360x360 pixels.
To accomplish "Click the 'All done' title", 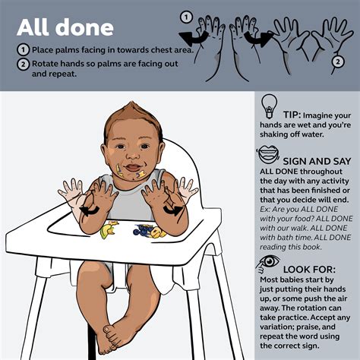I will pos(66,28).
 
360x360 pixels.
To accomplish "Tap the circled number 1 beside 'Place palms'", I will pos(23,51).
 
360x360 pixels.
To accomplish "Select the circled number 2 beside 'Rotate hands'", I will pos(23,64).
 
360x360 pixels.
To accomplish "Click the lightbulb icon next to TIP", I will pos(267,107).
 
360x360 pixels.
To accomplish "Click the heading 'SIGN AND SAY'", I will pos(317,162).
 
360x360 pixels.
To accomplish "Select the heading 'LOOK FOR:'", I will pos(311,270).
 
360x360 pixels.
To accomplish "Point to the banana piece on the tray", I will pos(111,228).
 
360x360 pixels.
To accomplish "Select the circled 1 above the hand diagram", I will pos(185,17).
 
